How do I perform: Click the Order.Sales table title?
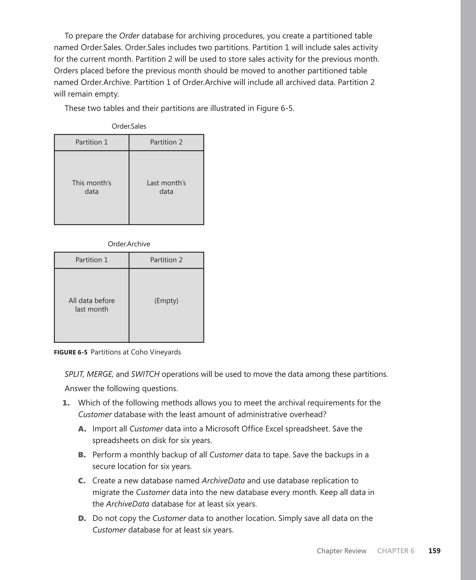129,126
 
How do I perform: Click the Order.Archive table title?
129,244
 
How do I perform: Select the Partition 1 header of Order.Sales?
92,142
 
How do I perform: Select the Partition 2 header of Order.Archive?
166,260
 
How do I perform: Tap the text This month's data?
92,187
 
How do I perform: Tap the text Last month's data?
166,187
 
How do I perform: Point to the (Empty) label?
166,301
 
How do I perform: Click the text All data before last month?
92,305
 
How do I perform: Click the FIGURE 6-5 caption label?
70,352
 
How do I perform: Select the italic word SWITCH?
145,374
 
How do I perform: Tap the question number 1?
66,403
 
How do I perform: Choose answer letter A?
82,429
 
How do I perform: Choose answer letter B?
82,455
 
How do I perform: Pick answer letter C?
82,481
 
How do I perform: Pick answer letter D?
82,518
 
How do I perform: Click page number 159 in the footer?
434,551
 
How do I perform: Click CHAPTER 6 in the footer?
396,551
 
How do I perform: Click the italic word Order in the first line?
129,36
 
